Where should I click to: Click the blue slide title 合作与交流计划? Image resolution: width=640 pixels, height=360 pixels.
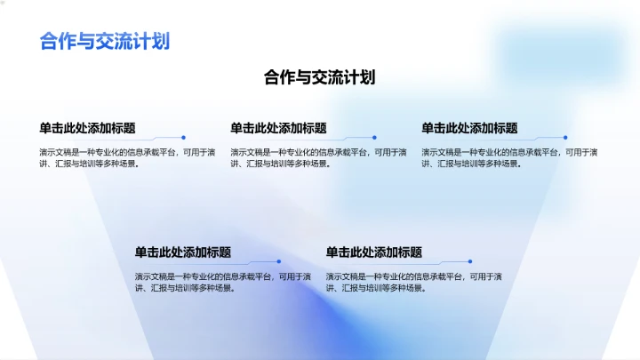(x=105, y=41)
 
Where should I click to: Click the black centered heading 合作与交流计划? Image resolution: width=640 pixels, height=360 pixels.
(x=319, y=77)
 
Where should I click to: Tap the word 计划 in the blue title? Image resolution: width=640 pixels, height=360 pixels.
(x=153, y=41)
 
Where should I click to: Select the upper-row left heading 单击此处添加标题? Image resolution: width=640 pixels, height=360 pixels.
(x=87, y=128)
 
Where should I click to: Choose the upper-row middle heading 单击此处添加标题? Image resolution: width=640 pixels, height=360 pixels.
(x=278, y=128)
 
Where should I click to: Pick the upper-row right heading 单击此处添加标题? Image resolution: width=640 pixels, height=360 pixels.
(x=469, y=128)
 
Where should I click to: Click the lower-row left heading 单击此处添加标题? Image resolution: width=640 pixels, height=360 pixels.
(x=183, y=252)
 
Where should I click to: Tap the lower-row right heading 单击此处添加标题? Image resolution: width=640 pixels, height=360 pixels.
(x=374, y=252)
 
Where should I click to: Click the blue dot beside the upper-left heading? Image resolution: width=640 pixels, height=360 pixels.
(x=183, y=138)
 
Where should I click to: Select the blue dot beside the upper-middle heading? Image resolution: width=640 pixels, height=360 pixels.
(x=374, y=138)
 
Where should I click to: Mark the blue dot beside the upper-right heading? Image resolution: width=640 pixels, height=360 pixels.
(x=565, y=138)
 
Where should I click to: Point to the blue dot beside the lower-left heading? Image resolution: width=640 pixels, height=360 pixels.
(x=279, y=261)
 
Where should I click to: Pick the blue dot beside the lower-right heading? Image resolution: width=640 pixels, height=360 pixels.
(x=470, y=261)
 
